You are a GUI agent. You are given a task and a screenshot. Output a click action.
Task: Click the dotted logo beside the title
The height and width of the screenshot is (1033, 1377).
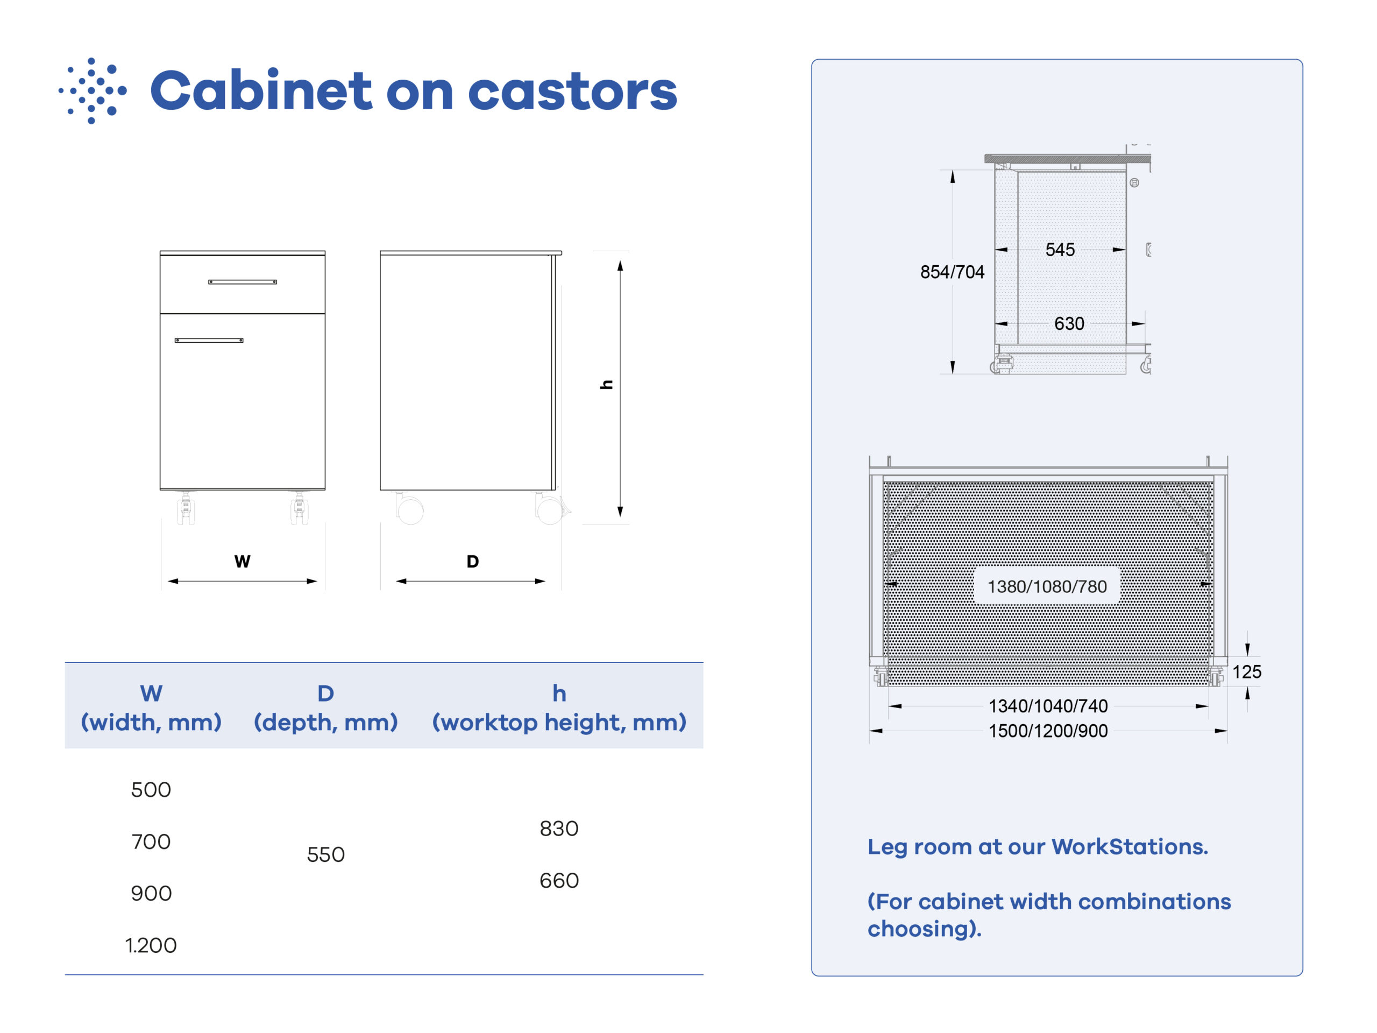93,91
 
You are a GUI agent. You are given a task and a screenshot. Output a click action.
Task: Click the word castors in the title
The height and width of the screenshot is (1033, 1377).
572,91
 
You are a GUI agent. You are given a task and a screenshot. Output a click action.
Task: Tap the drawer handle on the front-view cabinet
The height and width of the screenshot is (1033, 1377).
243,282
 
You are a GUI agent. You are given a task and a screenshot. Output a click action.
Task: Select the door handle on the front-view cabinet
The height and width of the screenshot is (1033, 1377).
209,341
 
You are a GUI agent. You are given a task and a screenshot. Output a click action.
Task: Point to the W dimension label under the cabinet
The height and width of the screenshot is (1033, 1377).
242,562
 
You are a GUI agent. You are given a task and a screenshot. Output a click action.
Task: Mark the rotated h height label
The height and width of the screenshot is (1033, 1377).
606,385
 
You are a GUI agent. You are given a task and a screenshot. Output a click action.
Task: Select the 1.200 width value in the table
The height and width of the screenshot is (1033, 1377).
151,946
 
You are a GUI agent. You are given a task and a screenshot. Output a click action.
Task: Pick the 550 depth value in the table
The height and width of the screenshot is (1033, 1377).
325,855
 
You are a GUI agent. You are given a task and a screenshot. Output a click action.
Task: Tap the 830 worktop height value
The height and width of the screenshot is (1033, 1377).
559,829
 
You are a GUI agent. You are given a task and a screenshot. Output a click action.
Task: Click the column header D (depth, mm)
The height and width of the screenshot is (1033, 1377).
325,708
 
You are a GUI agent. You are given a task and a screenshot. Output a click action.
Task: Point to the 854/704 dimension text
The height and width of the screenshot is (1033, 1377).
953,272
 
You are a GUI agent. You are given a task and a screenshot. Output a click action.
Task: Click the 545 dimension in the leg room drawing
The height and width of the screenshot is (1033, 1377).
1060,250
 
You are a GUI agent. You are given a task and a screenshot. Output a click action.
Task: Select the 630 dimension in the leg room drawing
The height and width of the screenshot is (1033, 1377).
1069,324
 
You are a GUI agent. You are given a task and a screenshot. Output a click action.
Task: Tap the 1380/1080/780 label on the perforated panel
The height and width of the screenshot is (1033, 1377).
1047,586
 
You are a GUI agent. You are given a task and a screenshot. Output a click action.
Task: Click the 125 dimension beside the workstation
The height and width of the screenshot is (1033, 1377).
1247,672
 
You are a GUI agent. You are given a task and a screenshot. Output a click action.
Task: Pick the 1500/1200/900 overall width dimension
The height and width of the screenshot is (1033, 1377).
1048,731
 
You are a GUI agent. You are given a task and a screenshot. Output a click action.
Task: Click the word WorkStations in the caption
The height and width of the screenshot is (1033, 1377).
1130,847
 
